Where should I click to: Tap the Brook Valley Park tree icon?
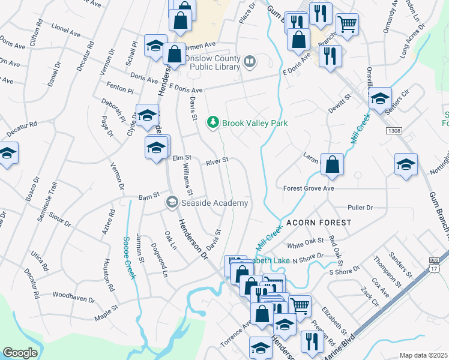212,122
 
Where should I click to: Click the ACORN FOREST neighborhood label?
318,223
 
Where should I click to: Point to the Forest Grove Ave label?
309,188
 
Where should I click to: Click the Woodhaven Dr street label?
74,297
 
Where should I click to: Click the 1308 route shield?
394,131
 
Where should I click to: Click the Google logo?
20,353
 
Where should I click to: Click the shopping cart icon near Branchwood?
347,24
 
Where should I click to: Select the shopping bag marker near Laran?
332,164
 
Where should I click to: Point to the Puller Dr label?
360,208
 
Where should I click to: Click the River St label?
217,161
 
